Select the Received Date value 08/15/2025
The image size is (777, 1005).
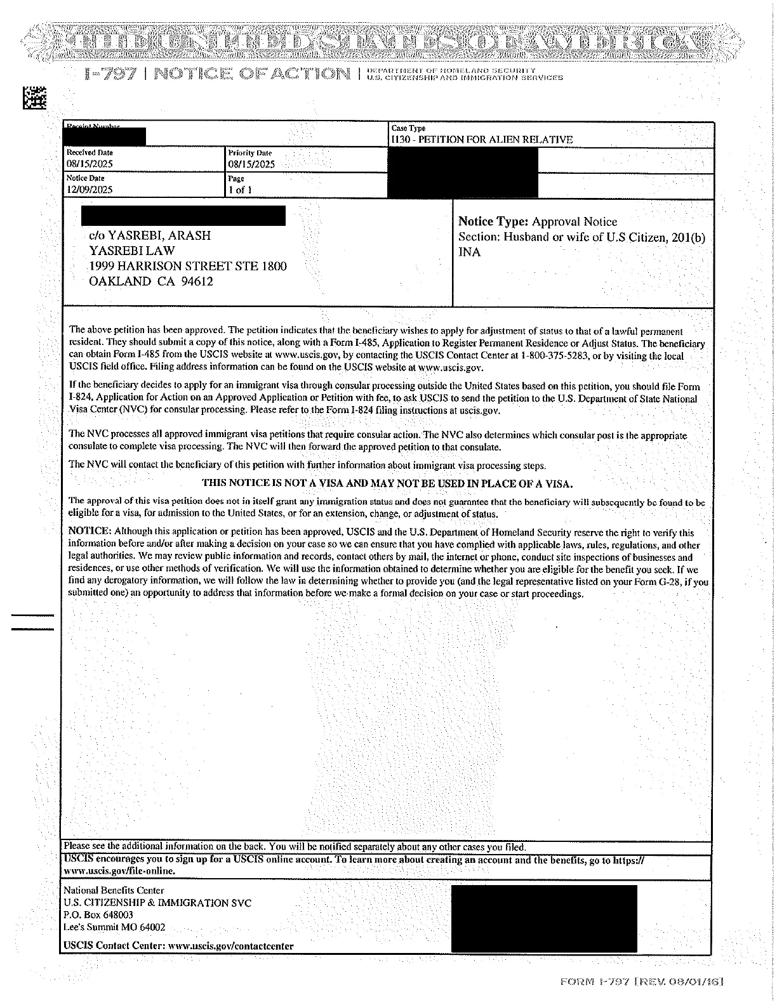tap(90, 164)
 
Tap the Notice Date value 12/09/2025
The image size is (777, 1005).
tap(90, 190)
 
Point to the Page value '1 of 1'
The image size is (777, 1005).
tap(240, 190)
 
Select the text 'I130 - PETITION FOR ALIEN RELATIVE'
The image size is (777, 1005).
tap(482, 140)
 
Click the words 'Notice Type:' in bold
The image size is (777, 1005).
tap(493, 221)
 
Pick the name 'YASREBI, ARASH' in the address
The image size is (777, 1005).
tap(159, 235)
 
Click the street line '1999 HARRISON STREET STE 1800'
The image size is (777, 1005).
tap(187, 266)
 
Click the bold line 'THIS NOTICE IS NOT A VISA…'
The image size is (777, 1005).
tap(387, 483)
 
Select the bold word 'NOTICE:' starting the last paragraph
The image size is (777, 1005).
tap(90, 533)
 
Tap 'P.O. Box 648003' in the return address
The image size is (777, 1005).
tap(98, 915)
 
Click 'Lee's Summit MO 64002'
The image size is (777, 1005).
tap(114, 927)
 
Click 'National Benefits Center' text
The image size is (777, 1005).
tap(114, 890)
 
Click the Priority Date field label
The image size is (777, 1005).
tap(249, 153)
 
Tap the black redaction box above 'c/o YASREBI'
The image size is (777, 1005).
tap(183, 216)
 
